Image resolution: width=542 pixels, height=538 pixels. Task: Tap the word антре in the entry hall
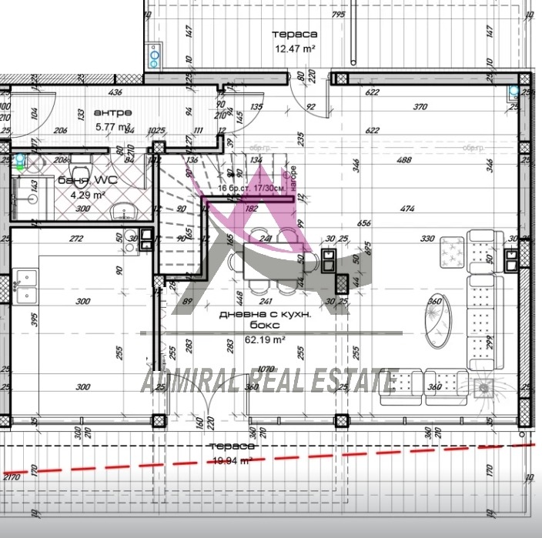point(107,112)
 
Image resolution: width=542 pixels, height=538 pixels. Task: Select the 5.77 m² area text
point(113,127)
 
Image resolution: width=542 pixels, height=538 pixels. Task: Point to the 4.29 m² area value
point(86,195)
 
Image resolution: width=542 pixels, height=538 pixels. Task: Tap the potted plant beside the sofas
point(484,386)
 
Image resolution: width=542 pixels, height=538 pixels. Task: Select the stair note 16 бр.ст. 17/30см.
point(253,187)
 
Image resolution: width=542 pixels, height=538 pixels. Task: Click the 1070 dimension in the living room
point(268,369)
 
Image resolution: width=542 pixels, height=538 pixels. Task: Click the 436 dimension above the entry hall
point(116,92)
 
